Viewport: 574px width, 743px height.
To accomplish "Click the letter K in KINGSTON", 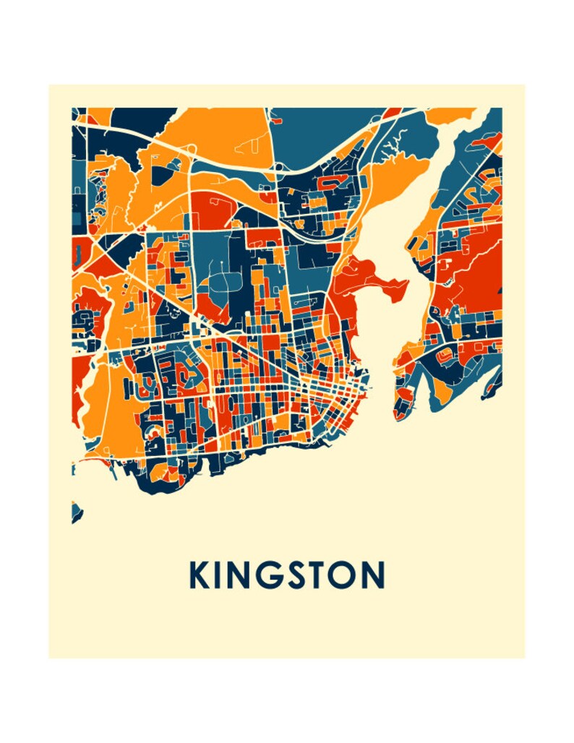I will (199, 575).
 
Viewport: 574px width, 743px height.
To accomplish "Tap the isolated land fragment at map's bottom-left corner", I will (76, 512).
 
